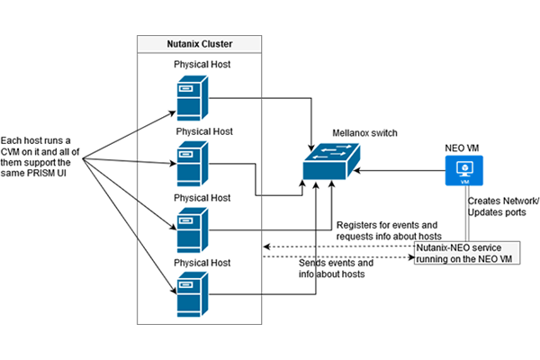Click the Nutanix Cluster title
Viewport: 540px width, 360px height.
pos(198,44)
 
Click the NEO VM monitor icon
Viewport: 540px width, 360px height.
pos(464,169)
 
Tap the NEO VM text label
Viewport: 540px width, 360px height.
pos(463,144)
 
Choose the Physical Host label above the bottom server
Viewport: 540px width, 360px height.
pos(203,262)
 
